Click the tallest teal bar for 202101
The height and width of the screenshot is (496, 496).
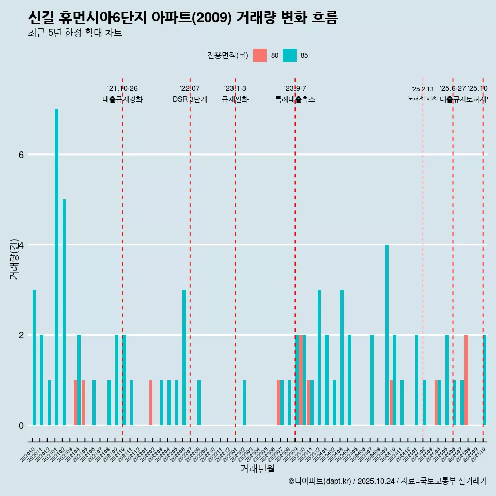56,267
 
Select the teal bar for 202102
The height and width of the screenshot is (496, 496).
64,312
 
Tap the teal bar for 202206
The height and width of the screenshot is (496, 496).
184,358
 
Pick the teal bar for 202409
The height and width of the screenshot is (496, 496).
387,335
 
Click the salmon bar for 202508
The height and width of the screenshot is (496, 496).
466,380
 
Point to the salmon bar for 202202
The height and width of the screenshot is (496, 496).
151,402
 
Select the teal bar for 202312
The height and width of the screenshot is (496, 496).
319,358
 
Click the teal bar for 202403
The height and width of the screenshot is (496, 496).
342,358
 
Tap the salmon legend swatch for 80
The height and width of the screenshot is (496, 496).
260,55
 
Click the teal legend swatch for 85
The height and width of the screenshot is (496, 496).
290,55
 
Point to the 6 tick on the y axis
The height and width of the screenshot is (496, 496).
21,154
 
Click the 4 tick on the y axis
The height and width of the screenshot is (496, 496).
21,245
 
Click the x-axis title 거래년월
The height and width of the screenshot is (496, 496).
257,469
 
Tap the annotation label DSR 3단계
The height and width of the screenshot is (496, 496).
190,99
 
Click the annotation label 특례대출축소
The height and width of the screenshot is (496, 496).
295,99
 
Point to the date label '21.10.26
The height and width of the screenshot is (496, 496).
122,88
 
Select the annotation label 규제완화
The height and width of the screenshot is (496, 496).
235,99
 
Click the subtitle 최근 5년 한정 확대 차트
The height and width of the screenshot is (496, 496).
75,34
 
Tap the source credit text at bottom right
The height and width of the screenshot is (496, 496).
388,481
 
